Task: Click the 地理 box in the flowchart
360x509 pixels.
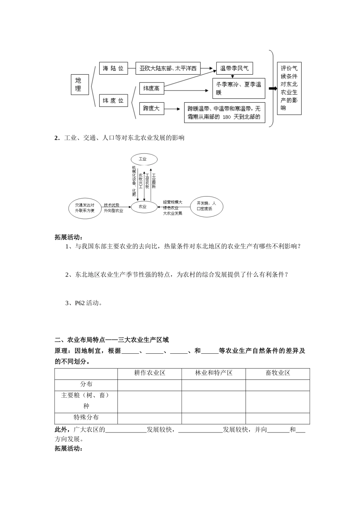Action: (80, 84)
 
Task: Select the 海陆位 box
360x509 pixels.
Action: (113, 68)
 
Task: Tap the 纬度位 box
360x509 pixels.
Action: (113, 100)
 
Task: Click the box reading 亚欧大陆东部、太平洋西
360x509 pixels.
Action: (168, 68)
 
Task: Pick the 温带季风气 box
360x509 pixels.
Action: (235, 68)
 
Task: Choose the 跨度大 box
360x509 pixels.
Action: (152, 109)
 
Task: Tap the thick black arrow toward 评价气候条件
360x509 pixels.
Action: (272, 89)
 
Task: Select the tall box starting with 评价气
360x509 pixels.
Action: (289, 88)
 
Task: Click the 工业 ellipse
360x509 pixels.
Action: (142, 159)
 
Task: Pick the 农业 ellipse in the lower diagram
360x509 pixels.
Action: (142, 207)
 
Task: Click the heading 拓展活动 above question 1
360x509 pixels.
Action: (68, 237)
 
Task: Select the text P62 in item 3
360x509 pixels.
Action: (80, 303)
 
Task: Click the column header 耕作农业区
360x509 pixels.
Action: (150, 373)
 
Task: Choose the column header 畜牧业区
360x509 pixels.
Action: (278, 373)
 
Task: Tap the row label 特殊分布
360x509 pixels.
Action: (86, 417)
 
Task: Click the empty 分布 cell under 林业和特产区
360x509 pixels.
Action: (214, 384)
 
